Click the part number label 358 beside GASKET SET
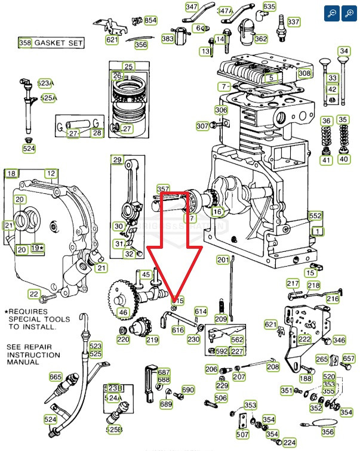point(25,43)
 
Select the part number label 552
point(315,215)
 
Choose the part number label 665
point(56,376)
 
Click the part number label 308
point(304,73)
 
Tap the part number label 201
point(223,260)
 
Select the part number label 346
point(339,340)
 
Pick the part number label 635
point(269,7)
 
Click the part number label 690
point(188,390)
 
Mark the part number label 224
point(290,443)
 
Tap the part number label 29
point(117,159)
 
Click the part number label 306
point(221,110)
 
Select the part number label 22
point(34,294)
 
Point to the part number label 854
point(150,20)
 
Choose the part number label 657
point(348,359)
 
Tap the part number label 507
point(242,434)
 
